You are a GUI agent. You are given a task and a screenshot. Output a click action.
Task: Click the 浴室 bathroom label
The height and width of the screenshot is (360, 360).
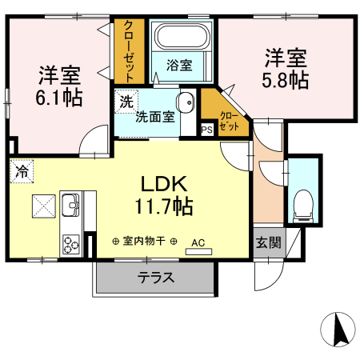pyautogui.click(x=178, y=66)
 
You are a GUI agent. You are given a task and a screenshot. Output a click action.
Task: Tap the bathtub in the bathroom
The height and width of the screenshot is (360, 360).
pyautogui.click(x=181, y=37)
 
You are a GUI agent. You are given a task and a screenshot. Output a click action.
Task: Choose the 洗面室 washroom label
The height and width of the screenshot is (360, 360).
pyautogui.click(x=154, y=118)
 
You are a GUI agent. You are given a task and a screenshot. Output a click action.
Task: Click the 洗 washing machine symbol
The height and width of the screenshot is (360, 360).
pyautogui.click(x=126, y=102)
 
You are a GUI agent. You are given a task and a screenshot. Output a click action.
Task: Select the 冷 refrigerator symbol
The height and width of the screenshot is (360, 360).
pyautogui.click(x=22, y=170)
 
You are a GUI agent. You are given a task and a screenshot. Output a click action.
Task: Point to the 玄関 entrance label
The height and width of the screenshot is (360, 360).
pyautogui.click(x=268, y=241)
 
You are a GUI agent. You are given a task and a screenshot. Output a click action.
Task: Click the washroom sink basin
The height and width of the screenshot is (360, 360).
pyautogui.click(x=186, y=103)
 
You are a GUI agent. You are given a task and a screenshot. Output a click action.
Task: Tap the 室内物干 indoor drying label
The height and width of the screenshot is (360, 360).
pyautogui.click(x=144, y=240)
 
